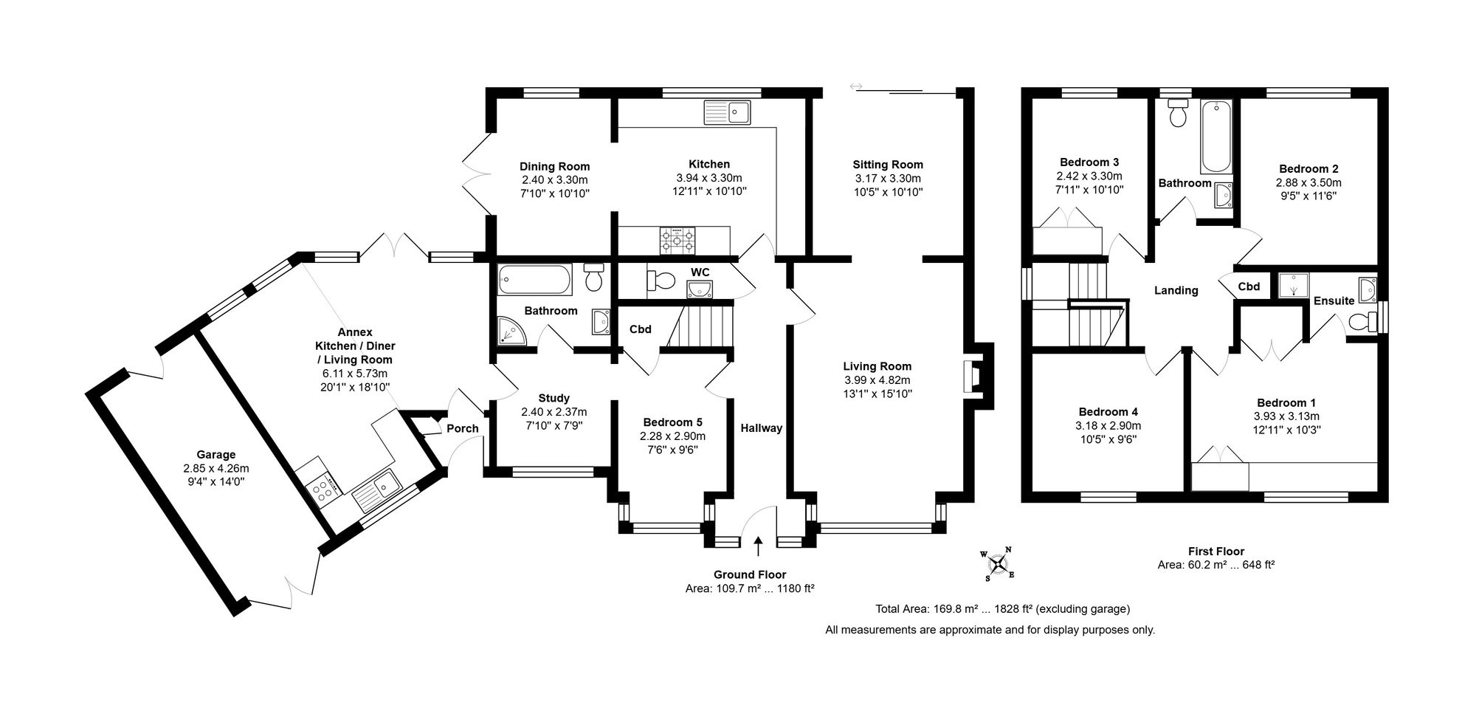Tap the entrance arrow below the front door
[x=759, y=546]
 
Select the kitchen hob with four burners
[x=677, y=239]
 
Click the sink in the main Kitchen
[x=727, y=113]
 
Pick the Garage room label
[x=215, y=455]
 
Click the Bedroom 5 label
[x=672, y=422]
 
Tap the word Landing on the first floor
[x=1176, y=290]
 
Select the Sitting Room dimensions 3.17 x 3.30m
[x=888, y=178]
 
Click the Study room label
[x=553, y=399]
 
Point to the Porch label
[x=463, y=428]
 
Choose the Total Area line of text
[x=1003, y=609]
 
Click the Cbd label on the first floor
[x=1249, y=286]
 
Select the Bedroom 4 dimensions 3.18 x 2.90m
[x=1108, y=426]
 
